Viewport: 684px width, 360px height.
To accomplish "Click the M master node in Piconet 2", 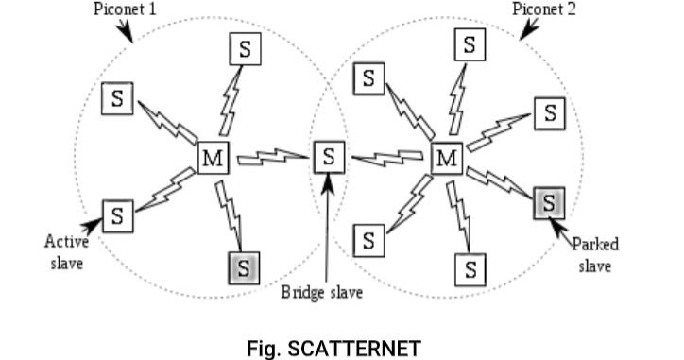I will point(446,157).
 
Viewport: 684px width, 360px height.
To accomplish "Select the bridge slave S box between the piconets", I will point(328,156).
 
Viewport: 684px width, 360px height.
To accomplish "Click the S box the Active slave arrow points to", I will point(117,214).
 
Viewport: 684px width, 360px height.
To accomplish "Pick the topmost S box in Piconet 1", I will point(245,49).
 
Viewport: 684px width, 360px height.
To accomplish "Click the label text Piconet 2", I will point(543,9).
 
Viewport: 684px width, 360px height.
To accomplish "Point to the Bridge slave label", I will point(322,291).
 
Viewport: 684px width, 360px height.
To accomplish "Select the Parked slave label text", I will point(595,255).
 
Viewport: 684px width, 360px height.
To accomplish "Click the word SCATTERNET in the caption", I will point(353,349).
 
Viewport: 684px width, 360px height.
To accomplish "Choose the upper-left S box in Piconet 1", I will point(117,97).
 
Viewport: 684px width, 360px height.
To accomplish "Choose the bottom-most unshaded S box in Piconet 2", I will point(470,269).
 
